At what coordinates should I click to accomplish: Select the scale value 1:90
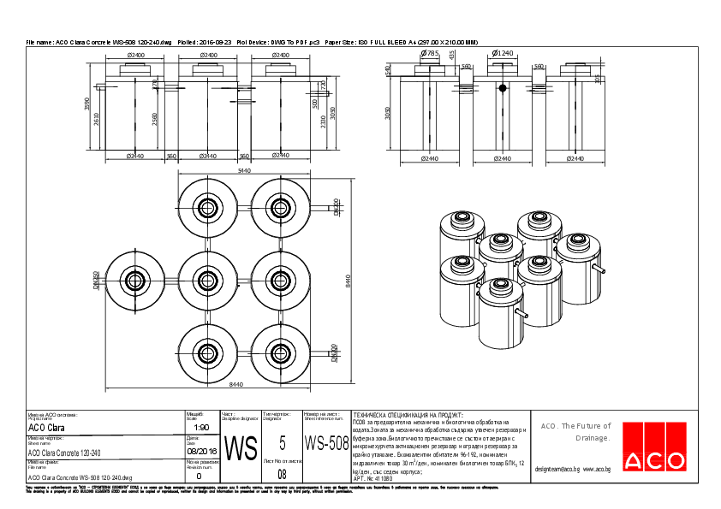pyautogui.click(x=202, y=427)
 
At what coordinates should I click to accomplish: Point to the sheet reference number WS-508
pyautogui.click(x=326, y=443)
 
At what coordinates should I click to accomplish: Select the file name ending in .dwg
pyautogui.click(x=80, y=477)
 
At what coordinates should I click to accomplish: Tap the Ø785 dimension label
pyautogui.click(x=429, y=53)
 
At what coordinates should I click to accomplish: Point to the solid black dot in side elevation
pyautogui.click(x=503, y=87)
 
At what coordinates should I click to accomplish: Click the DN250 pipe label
pyautogui.click(x=97, y=280)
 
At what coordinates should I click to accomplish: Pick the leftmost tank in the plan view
pyautogui.click(x=134, y=280)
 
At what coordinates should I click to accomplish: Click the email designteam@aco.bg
pyautogui.click(x=557, y=469)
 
